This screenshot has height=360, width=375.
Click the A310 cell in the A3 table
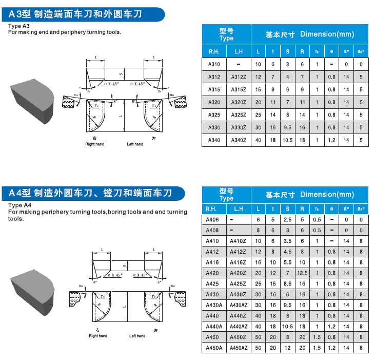[x=214, y=64]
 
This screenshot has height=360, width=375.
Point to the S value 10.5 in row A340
[x=287, y=140]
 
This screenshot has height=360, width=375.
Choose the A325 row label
[x=214, y=115]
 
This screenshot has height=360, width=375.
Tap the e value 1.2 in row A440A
[x=332, y=326]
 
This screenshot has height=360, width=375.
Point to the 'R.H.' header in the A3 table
[x=214, y=52]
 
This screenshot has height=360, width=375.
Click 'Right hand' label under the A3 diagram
[x=94, y=144]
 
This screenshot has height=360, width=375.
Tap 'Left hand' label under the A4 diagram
[x=137, y=336]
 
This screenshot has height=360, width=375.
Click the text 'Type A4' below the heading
[x=19, y=205]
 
